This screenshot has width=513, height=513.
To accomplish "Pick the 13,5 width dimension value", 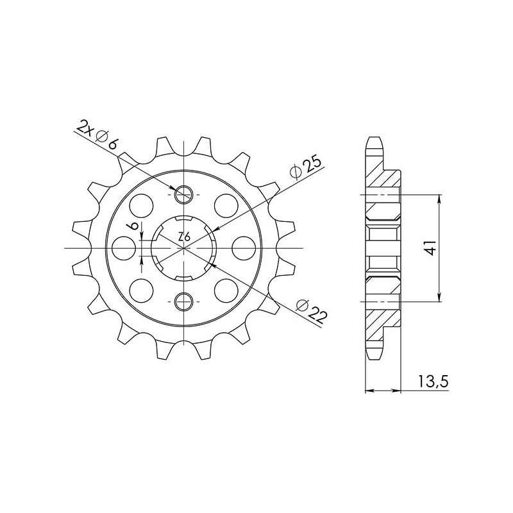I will click(x=433, y=382).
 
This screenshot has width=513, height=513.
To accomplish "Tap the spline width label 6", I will click(x=131, y=227).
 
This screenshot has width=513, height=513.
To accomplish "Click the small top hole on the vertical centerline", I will click(x=183, y=193).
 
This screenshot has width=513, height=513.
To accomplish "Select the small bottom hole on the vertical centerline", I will click(x=183, y=301).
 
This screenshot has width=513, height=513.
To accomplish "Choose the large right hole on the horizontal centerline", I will click(x=245, y=248).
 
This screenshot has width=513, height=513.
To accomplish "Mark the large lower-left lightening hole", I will click(x=142, y=288).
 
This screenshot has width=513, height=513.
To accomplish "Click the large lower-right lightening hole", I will click(x=226, y=288).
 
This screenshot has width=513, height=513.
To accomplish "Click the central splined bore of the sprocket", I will click(x=183, y=248).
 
